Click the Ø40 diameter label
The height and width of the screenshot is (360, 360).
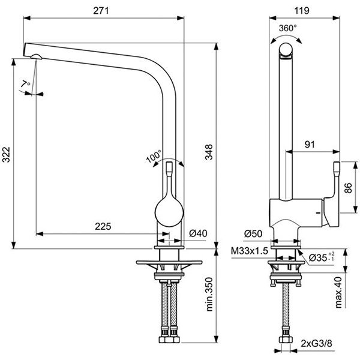[197, 233]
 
